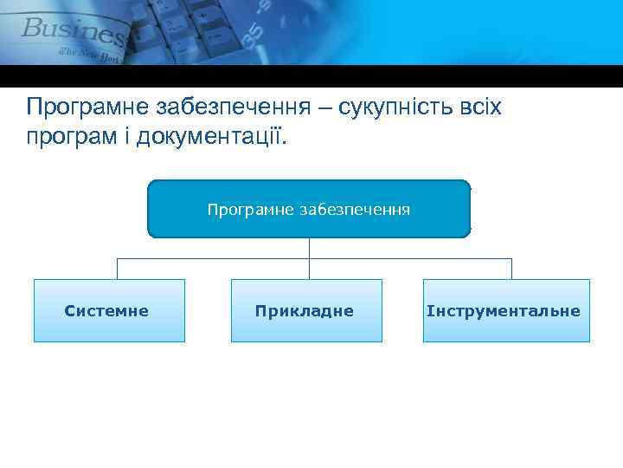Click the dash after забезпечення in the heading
click(x=327, y=108)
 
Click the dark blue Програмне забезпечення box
click(x=309, y=209)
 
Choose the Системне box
click(x=109, y=310)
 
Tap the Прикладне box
click(x=306, y=310)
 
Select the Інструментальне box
click(x=506, y=310)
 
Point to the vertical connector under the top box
click(x=309, y=248)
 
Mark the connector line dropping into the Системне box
click(x=117, y=269)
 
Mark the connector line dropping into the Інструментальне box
click(x=511, y=269)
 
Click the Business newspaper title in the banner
click(x=74, y=33)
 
